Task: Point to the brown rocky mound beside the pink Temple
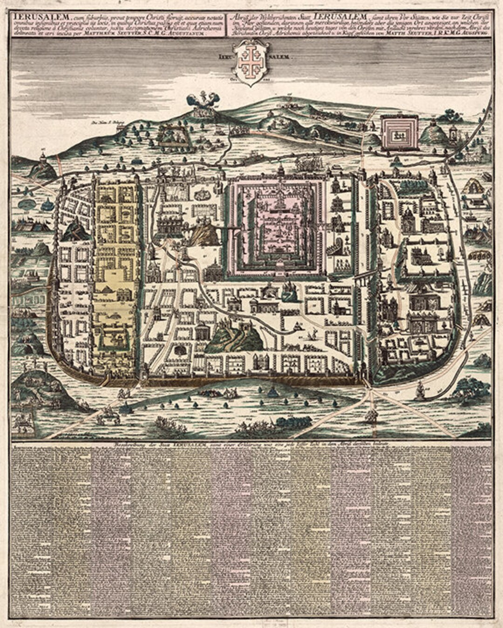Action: (x=204, y=234)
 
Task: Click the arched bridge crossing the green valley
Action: (x=360, y=279)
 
